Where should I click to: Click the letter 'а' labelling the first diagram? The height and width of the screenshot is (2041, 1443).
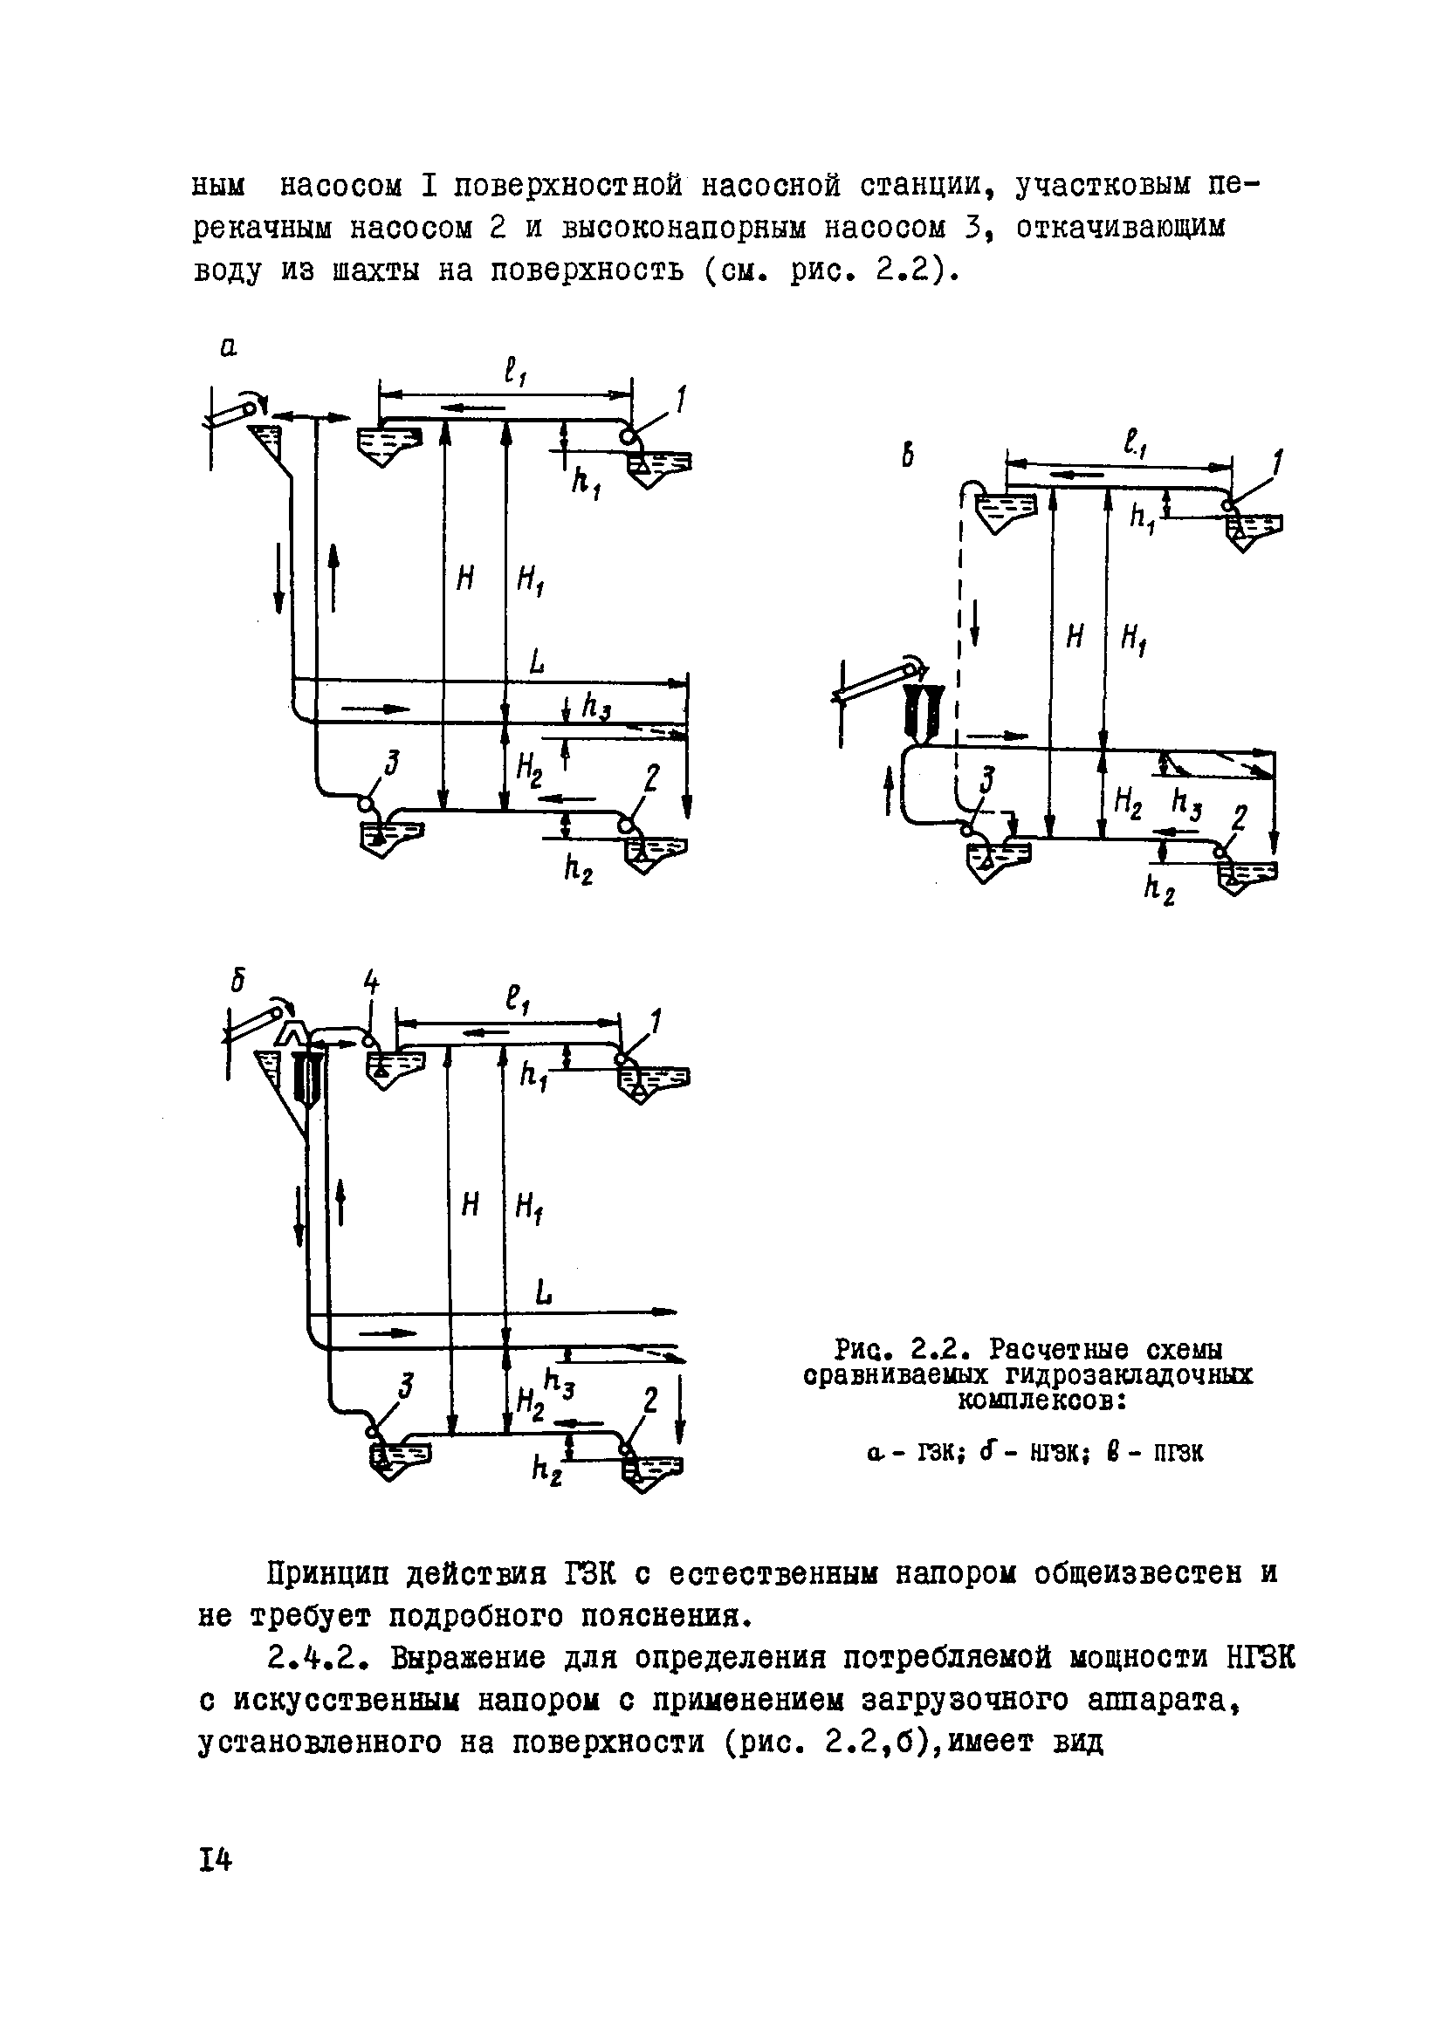[x=229, y=349]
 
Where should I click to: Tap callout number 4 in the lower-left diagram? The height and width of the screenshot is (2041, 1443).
[x=371, y=984]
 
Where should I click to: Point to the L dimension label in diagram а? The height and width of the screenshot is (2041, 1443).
[x=537, y=662]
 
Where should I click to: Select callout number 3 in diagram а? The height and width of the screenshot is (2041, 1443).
[x=391, y=763]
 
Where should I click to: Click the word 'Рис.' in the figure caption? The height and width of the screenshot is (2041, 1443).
[x=860, y=1350]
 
